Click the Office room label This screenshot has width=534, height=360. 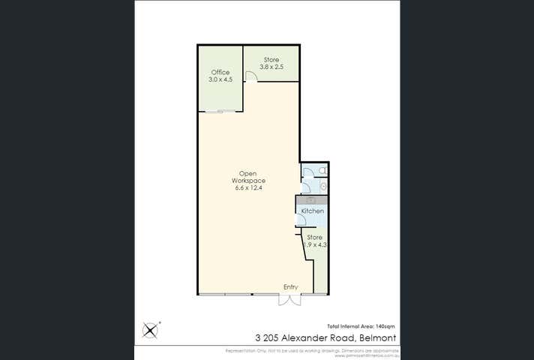[x=220, y=72]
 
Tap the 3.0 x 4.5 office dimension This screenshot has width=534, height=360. [x=220, y=79]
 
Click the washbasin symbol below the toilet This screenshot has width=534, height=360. [x=322, y=185]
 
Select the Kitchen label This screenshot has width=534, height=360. [x=313, y=211]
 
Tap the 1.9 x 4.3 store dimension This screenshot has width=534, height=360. [x=314, y=244]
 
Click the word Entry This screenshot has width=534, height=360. [x=290, y=286]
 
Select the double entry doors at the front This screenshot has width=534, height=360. [x=289, y=299]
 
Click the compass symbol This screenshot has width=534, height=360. [x=151, y=329]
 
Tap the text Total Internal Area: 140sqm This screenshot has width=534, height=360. [x=361, y=325]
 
